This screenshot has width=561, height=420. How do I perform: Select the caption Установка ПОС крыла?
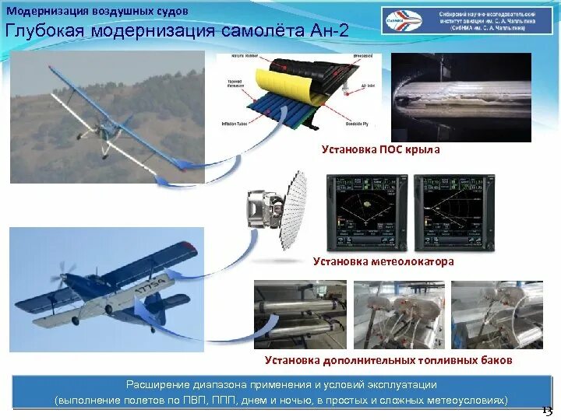pyautogui.click(x=381, y=149)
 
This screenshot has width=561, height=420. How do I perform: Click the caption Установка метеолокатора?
pyautogui.click(x=383, y=262)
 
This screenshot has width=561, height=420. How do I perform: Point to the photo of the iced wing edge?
pyautogui.click(x=460, y=96)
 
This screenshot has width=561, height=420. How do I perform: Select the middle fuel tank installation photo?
pyautogui.click(x=398, y=314)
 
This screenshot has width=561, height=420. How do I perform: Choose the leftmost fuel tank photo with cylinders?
pyautogui.click(x=300, y=314)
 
